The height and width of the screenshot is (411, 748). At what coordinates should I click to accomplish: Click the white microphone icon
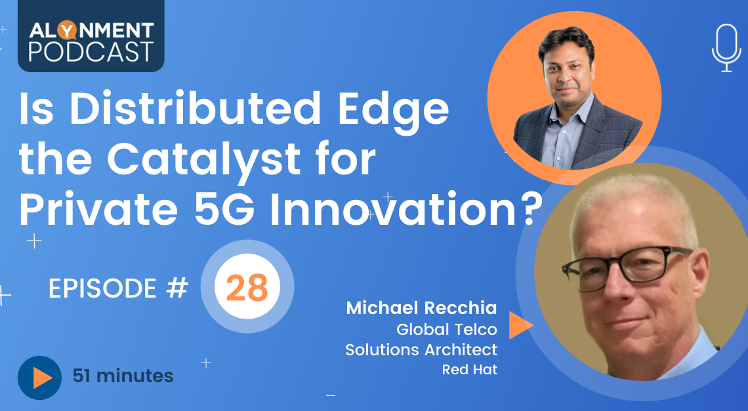point(726,48)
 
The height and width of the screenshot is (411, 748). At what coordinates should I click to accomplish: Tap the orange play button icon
point(39,378)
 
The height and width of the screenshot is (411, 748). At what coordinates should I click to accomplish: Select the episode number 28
point(247,288)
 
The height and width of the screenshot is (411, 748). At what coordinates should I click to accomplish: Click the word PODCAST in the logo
point(91,52)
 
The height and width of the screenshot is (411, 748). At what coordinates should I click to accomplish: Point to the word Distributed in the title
point(195,108)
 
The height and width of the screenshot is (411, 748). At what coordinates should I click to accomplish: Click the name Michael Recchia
point(421,308)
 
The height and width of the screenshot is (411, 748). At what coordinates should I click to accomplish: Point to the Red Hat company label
point(469,369)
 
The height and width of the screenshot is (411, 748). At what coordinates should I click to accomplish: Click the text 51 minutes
point(123,376)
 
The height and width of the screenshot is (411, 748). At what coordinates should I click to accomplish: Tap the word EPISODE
point(102,288)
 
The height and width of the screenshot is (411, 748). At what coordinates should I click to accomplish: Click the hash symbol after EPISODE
point(177,288)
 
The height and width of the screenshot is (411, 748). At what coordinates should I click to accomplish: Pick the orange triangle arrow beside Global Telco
point(518,324)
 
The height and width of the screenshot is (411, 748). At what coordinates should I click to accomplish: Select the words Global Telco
point(447,329)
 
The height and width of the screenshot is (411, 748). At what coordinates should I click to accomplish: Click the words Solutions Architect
point(421,349)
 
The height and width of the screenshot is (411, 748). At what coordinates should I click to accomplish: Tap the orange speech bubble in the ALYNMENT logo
point(66,30)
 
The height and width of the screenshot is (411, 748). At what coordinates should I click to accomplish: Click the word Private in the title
point(98,209)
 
